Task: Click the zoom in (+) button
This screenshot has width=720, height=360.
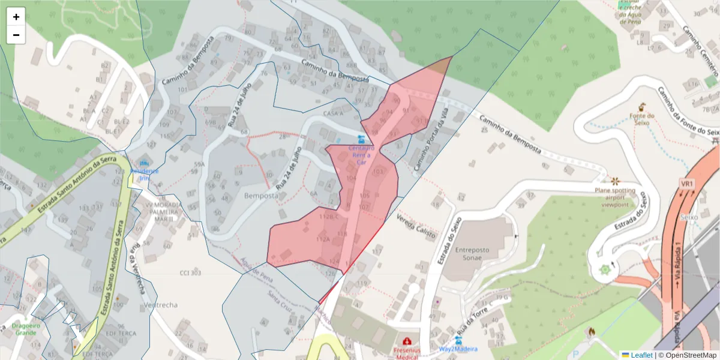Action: point(16,16)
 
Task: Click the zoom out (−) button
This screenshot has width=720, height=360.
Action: point(16,35)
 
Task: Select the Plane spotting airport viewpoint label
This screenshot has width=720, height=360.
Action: point(615,197)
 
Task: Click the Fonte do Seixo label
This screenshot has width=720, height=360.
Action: point(641,119)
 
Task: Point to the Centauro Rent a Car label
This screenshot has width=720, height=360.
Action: point(361,155)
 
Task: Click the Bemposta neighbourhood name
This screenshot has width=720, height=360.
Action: point(261,196)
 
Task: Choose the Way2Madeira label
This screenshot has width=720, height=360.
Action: point(458,349)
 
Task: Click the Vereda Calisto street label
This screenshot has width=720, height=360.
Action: point(416,226)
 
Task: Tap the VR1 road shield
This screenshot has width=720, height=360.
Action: point(687,183)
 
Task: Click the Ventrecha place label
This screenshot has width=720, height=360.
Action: point(161,305)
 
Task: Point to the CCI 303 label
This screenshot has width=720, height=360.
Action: point(190,273)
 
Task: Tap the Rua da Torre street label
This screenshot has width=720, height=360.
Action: point(471,322)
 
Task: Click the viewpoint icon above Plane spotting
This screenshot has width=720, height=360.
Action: point(614,180)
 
